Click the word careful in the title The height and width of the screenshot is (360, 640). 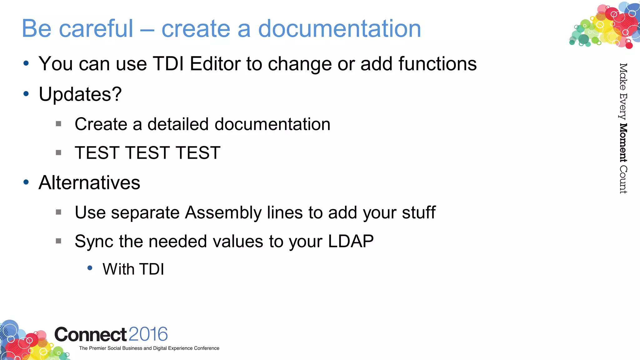pyautogui.click(x=96, y=29)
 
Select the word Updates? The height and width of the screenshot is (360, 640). pyautogui.click(x=80, y=94)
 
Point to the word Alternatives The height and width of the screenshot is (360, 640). pyautogui.click(x=89, y=182)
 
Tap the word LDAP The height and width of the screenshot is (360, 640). pyautogui.click(x=351, y=241)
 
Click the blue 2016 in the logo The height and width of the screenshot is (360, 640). pyautogui.click(x=148, y=334)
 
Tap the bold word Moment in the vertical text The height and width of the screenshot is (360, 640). pyautogui.click(x=623, y=143)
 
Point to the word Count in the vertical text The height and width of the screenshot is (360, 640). pyautogui.click(x=623, y=179)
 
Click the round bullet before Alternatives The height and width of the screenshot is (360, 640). pyautogui.click(x=26, y=182)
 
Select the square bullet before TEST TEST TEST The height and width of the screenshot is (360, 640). pyautogui.click(x=58, y=153)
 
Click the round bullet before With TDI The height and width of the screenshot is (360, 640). pyautogui.click(x=90, y=268)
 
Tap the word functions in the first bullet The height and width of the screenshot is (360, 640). pyautogui.click(x=437, y=64)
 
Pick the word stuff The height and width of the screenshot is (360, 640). pyautogui.click(x=419, y=212)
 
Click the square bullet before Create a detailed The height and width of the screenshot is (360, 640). pyautogui.click(x=58, y=124)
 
